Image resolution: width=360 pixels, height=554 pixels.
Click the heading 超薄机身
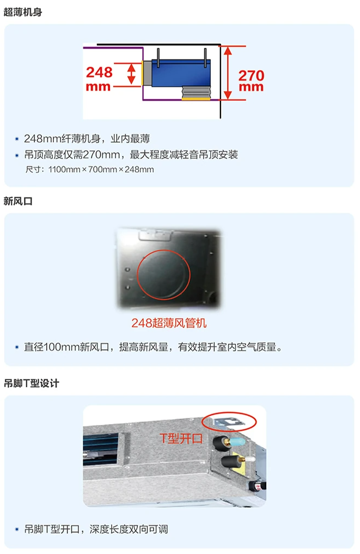(x=23, y=12)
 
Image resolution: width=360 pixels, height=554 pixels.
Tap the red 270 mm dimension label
(x=251, y=81)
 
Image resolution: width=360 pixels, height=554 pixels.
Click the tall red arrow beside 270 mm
(x=228, y=73)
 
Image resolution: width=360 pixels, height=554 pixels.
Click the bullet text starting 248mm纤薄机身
(x=87, y=138)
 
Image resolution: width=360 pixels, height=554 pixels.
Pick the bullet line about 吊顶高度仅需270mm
(x=131, y=155)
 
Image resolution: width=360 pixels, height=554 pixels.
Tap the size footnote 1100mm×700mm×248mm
(x=90, y=169)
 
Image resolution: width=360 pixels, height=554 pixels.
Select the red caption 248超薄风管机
(x=169, y=323)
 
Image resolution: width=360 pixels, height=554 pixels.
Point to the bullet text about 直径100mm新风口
(x=153, y=346)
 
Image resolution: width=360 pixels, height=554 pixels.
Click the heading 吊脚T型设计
(x=31, y=383)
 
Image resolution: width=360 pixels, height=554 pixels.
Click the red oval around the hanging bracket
(x=229, y=422)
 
